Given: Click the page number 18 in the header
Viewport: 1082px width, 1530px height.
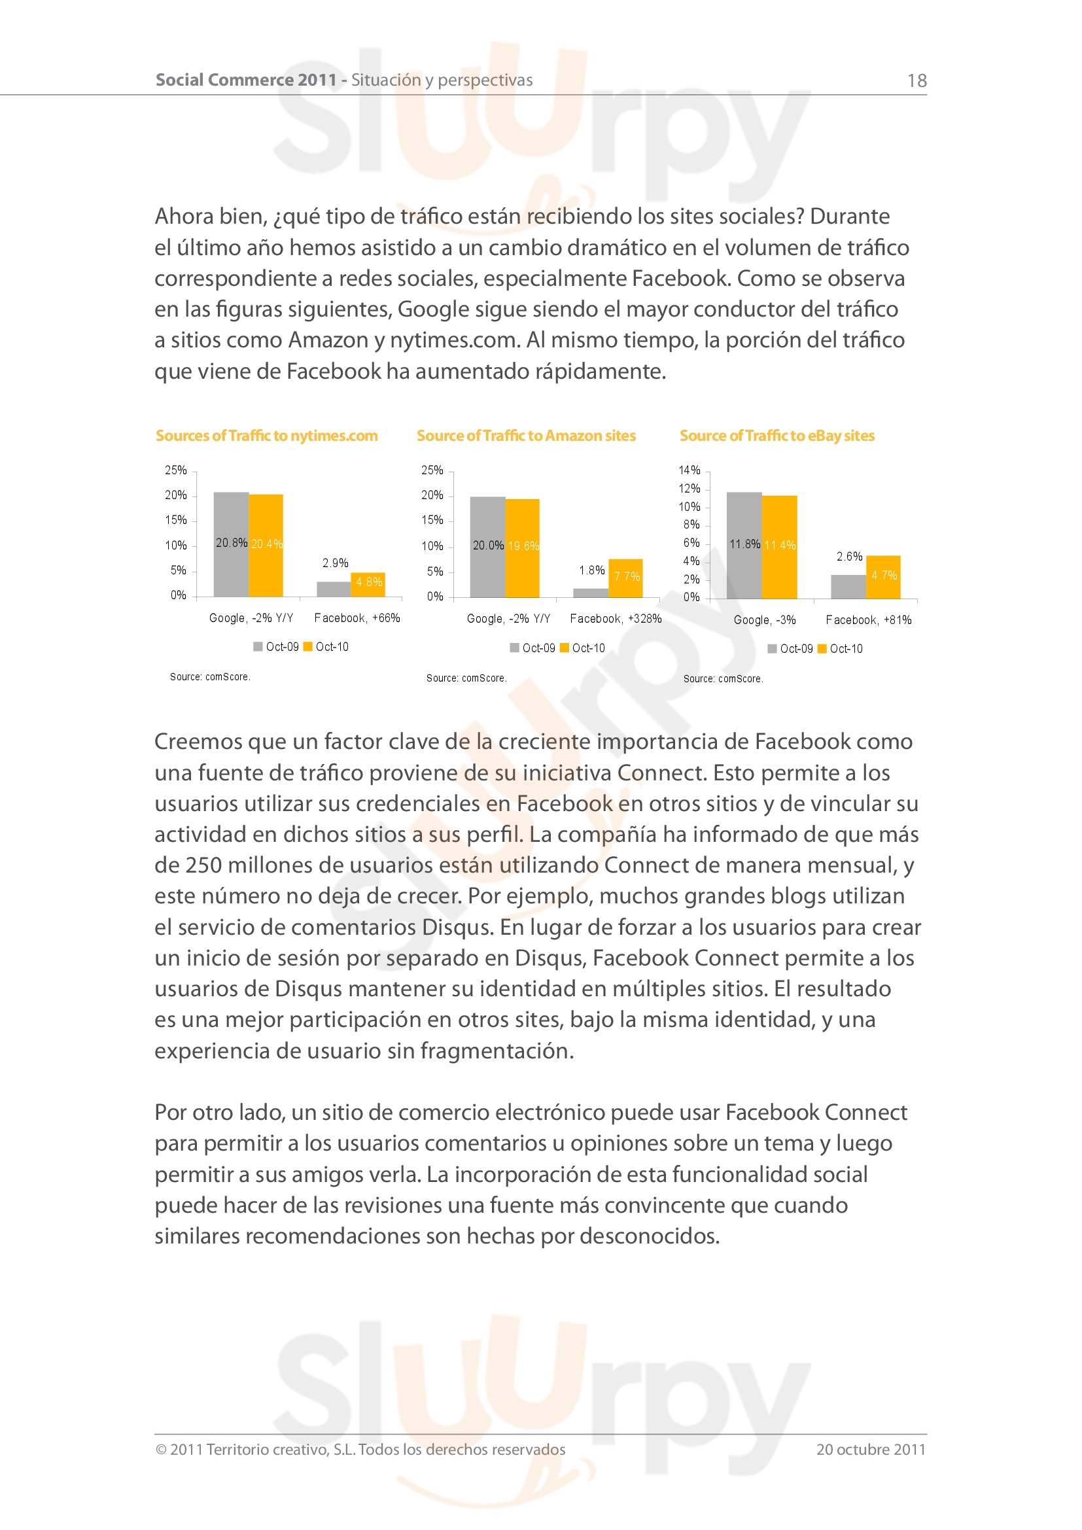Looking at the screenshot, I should click(x=916, y=80).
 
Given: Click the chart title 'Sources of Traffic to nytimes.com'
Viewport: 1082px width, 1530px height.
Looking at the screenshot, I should click(x=266, y=436).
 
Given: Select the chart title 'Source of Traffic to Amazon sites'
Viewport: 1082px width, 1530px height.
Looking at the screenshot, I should click(x=526, y=436).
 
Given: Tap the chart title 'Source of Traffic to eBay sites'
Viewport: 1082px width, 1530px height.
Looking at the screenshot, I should click(x=777, y=436).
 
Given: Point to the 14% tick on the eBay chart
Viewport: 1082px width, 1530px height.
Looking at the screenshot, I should click(x=689, y=470).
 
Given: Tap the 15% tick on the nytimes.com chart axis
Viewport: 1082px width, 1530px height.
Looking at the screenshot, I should click(x=176, y=520).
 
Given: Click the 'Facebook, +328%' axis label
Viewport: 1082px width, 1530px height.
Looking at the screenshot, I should click(x=616, y=619).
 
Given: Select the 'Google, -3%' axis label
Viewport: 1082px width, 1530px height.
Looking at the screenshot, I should click(x=764, y=620).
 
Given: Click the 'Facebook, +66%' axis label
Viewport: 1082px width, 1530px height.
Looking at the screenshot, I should click(x=357, y=618).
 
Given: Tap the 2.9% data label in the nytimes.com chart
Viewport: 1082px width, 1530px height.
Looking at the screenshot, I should click(x=335, y=563).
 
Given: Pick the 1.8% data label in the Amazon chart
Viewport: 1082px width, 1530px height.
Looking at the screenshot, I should click(x=591, y=570).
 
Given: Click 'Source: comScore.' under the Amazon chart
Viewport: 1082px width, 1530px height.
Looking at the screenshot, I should click(x=466, y=678).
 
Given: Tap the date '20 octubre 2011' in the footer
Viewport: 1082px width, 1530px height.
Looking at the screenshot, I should click(x=870, y=1450).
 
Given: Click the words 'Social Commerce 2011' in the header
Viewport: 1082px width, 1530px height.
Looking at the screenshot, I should click(x=246, y=80).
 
